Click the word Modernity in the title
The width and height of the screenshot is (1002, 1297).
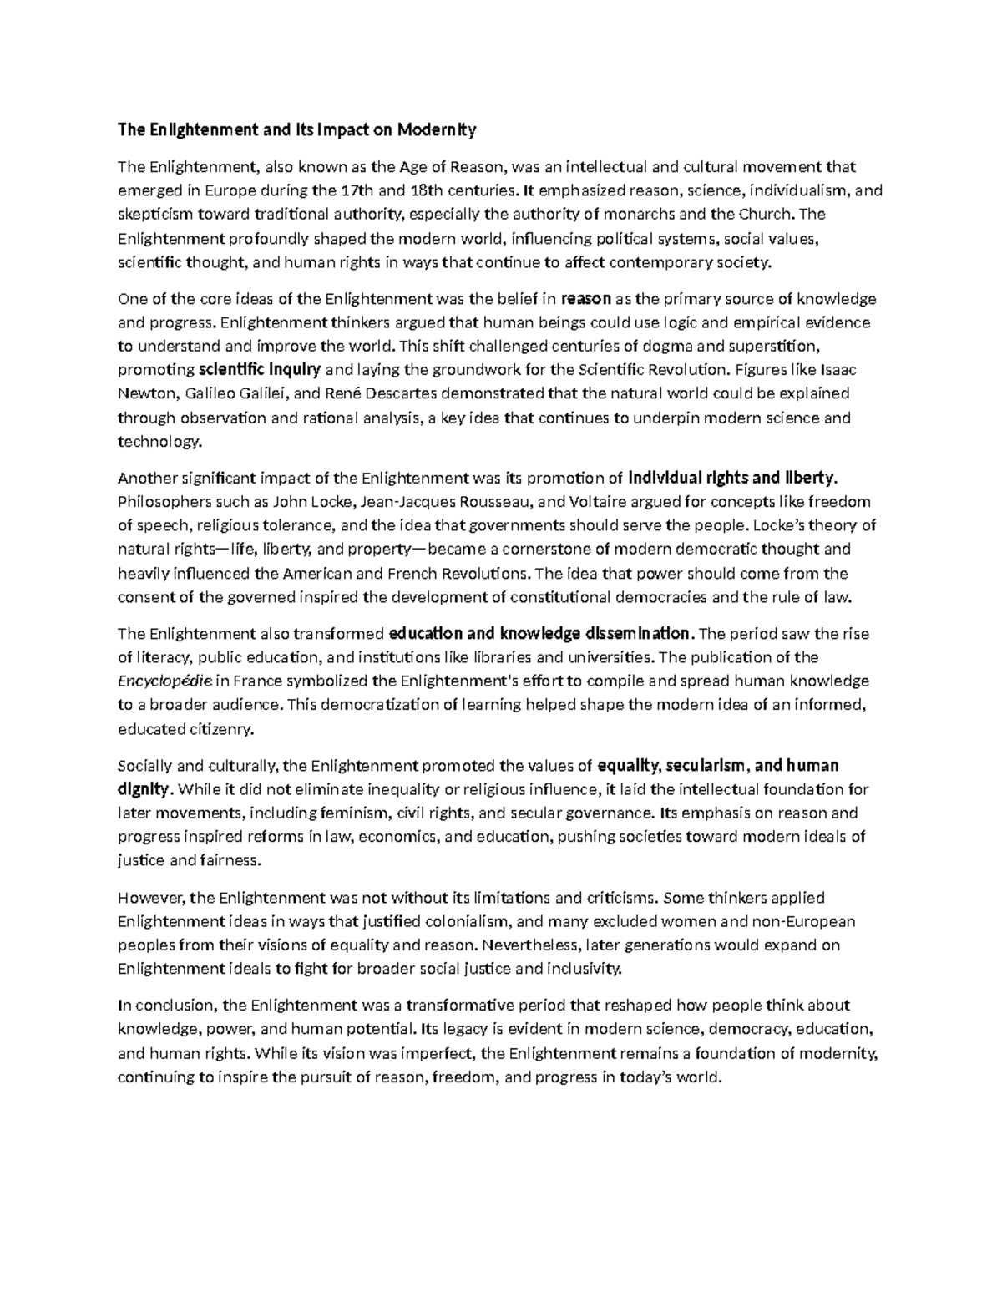click(x=436, y=130)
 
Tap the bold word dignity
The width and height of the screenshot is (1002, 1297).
click(x=144, y=789)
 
